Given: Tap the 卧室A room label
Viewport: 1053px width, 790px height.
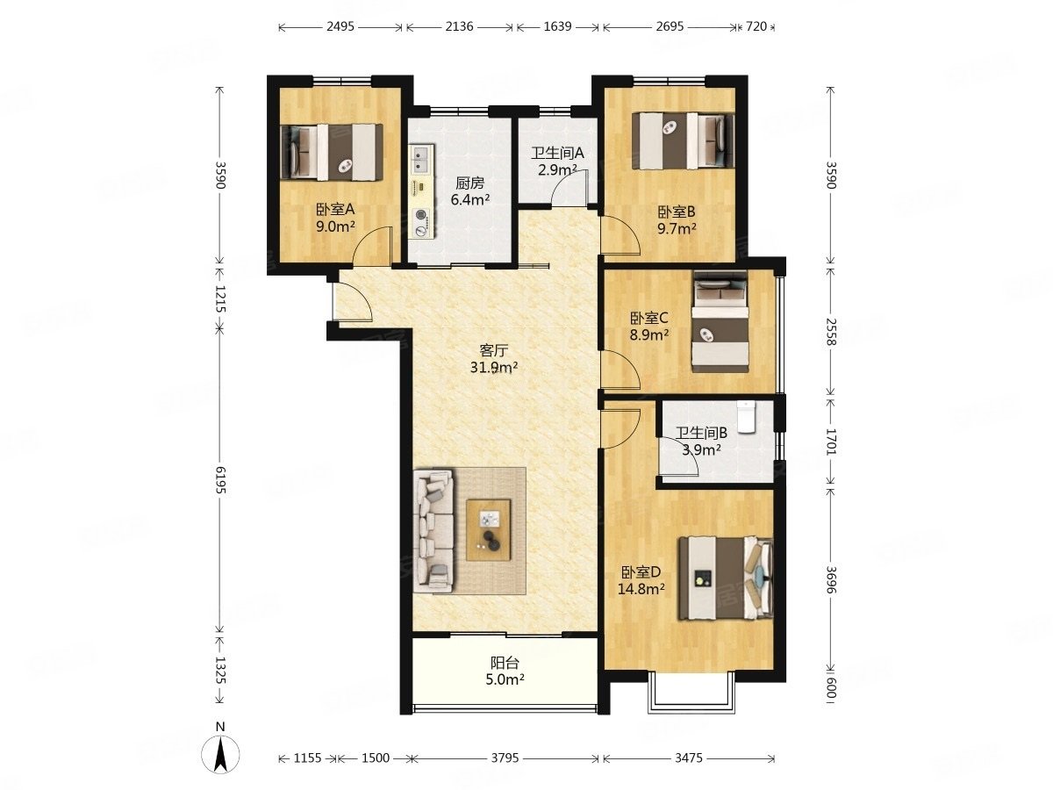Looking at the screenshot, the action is [x=334, y=210].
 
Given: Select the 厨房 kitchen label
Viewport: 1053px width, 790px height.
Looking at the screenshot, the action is [x=469, y=183].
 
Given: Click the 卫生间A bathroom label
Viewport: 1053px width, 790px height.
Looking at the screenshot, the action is [x=556, y=153].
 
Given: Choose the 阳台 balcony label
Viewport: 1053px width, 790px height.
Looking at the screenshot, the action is [x=505, y=663].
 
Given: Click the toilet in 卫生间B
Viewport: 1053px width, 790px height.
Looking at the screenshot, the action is [x=746, y=416].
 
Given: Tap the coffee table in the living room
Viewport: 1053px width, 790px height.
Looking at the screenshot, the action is [x=488, y=529].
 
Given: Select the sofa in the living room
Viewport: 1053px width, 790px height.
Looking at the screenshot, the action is [x=433, y=531].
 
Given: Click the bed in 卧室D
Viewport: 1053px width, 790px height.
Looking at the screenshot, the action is [x=725, y=578].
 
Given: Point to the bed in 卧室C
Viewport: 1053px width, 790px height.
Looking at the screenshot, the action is [x=720, y=321].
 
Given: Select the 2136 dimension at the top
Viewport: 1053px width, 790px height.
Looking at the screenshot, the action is [x=459, y=26].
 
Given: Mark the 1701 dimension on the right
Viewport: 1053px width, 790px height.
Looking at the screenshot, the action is [x=831, y=442].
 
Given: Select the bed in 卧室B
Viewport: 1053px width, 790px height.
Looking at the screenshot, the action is [x=683, y=140].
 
